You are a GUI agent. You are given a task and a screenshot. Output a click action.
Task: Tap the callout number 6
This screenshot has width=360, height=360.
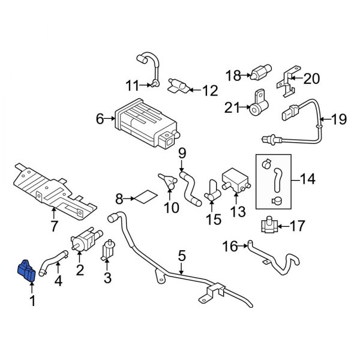100,119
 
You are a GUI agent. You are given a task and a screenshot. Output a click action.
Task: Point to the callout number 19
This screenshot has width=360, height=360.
339,119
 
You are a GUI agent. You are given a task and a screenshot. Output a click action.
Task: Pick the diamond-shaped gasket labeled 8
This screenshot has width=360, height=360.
144,196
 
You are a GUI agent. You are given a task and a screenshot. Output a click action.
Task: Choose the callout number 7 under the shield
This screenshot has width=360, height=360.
54,226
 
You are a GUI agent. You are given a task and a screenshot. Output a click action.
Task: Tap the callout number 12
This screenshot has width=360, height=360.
209,91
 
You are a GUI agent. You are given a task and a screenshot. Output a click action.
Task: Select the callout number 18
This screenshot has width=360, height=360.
233,75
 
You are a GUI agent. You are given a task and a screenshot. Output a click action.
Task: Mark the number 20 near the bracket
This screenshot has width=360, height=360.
312,79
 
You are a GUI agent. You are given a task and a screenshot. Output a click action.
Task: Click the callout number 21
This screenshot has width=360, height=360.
232,107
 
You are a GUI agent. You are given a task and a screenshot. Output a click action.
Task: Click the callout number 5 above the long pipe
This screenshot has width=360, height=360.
181,256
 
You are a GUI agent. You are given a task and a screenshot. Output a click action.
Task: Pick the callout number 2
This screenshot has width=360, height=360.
79,271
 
